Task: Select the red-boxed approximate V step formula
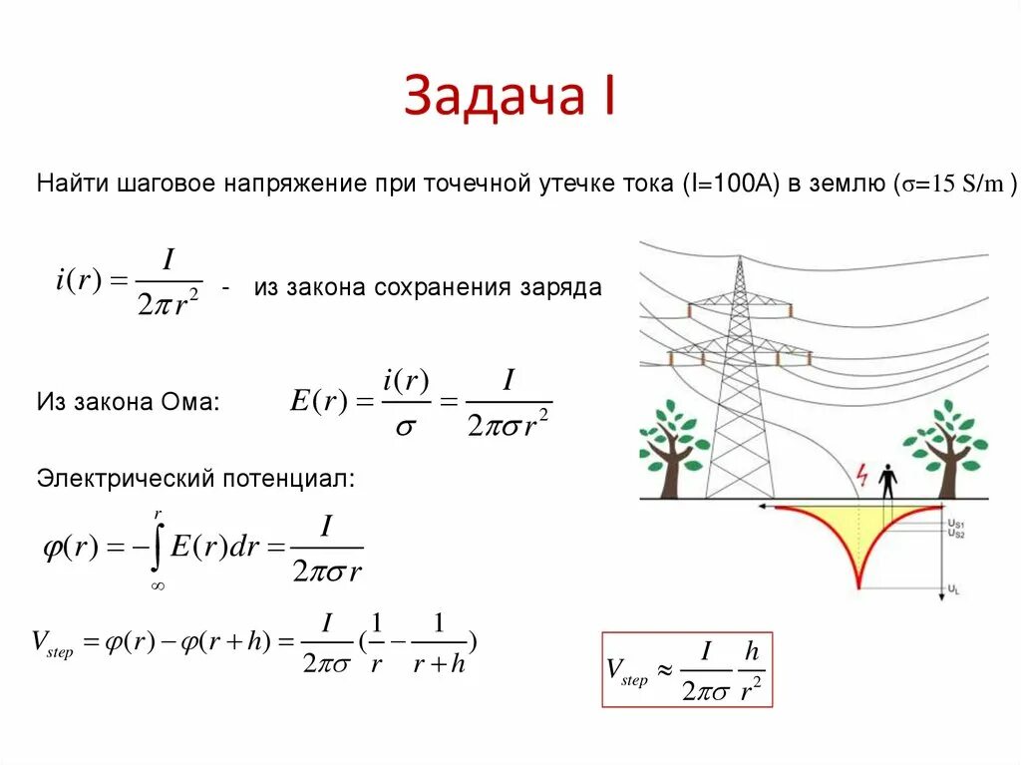click(x=687, y=670)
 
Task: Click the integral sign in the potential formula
click(x=158, y=547)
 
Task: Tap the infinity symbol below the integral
click(x=157, y=586)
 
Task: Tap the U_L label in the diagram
click(x=953, y=590)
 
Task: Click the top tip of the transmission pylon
click(x=740, y=261)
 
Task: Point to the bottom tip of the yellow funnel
click(x=859, y=585)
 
